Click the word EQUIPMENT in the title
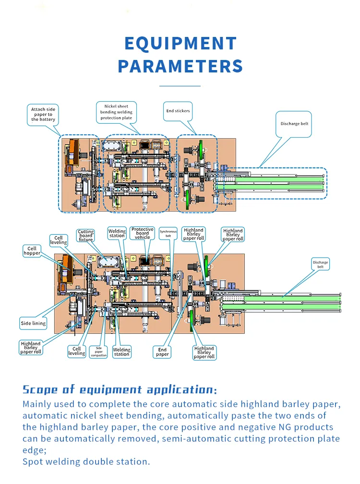(180, 44)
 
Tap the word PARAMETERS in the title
(180, 66)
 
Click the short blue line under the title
(180, 86)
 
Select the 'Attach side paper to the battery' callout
(43, 115)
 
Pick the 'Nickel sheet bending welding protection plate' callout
(116, 112)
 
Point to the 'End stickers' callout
(178, 111)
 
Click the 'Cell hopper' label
(32, 250)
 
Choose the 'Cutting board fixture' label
(86, 235)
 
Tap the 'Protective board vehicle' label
(143, 233)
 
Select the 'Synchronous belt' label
(168, 233)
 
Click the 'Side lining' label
(33, 323)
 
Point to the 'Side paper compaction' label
(99, 352)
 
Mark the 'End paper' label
(162, 352)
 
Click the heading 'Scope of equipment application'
(119, 389)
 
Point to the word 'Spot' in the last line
(34, 461)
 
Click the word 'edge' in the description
(34, 450)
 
